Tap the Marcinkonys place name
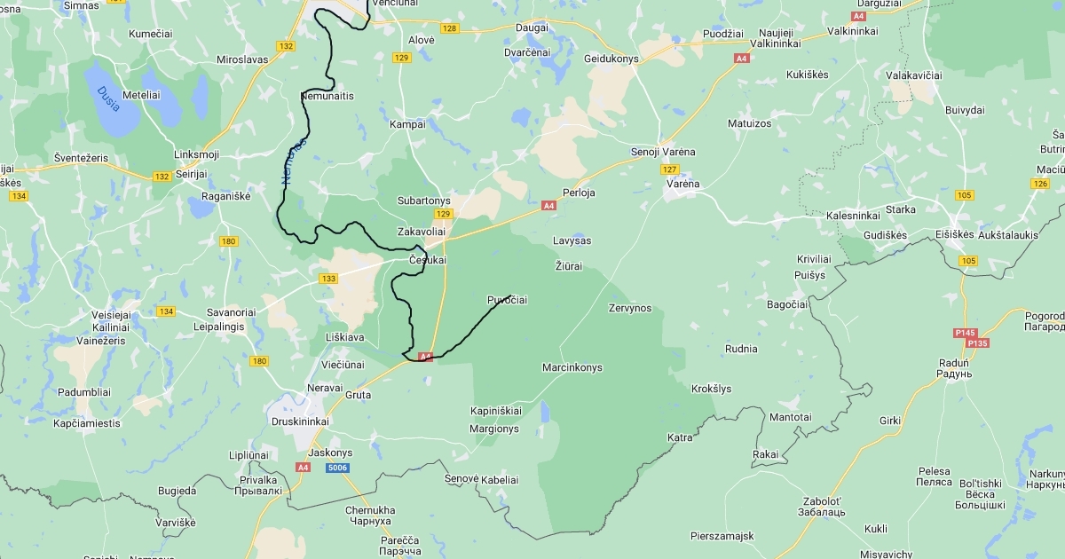click(x=572, y=367)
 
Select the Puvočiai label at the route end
click(x=508, y=300)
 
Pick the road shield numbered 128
click(x=450, y=28)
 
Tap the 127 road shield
click(x=670, y=169)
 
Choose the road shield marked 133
click(x=328, y=279)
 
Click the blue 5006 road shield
click(x=336, y=468)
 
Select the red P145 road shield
click(x=966, y=333)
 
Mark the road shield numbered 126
click(x=1040, y=183)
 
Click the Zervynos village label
click(x=630, y=309)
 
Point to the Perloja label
click(x=579, y=193)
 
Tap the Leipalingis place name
click(x=218, y=326)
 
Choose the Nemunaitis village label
click(x=327, y=95)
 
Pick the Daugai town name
click(x=532, y=28)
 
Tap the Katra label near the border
click(x=680, y=437)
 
